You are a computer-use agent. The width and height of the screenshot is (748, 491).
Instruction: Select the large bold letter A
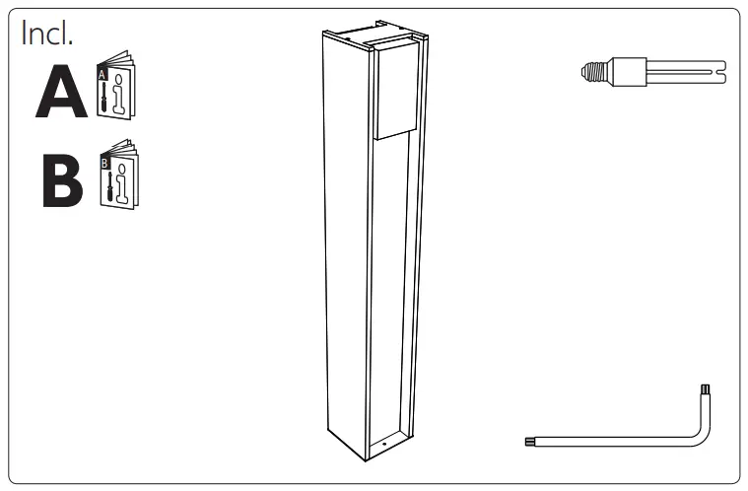[x=61, y=94]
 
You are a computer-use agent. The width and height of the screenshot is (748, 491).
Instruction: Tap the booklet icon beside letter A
[x=116, y=93]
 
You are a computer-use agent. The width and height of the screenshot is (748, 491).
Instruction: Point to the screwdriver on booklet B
[x=105, y=184]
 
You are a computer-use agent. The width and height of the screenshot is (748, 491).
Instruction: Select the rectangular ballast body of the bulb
[x=624, y=70]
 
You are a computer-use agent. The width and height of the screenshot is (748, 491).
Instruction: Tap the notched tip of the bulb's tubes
[x=722, y=70]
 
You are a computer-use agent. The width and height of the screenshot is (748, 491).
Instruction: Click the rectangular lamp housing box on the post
[x=398, y=89]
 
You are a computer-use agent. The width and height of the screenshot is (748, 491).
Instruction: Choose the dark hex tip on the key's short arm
[x=705, y=390]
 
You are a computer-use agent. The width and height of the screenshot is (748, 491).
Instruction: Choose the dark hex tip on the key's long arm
[x=531, y=442]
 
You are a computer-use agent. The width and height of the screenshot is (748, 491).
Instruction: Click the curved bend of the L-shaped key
[x=703, y=434]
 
